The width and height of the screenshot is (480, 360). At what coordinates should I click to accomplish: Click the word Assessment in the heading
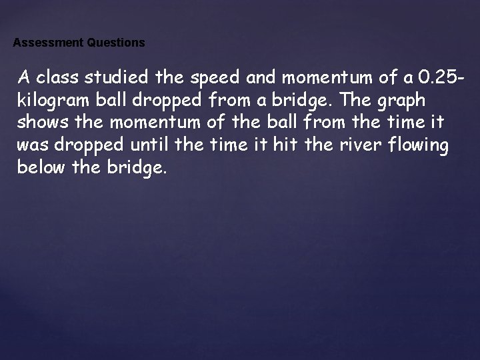pyautogui.click(x=48, y=43)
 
